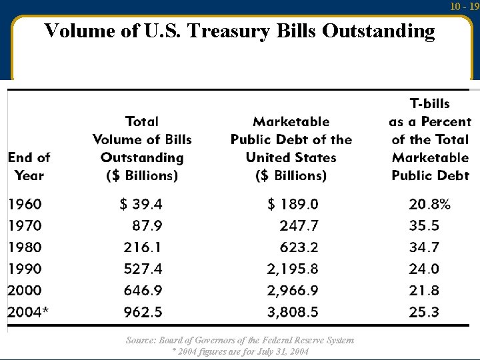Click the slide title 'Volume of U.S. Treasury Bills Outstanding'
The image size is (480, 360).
(239, 31)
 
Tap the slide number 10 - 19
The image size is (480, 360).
(465, 7)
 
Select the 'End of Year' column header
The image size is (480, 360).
(29, 167)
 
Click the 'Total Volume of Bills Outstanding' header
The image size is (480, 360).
(142, 148)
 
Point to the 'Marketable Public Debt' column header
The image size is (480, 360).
(291, 148)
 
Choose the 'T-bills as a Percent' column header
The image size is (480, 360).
(430, 139)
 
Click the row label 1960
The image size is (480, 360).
(25, 204)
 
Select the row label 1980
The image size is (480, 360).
(25, 247)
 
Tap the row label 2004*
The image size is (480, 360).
(28, 312)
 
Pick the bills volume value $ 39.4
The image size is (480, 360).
(141, 204)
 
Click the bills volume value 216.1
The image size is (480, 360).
(143, 247)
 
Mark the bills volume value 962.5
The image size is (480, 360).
(143, 312)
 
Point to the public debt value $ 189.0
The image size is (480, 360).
(293, 204)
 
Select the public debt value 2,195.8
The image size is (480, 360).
(293, 269)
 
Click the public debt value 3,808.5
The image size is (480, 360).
(293, 312)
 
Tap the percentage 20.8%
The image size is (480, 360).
(429, 204)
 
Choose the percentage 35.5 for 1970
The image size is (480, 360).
(424, 226)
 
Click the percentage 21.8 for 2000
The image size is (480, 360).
(424, 291)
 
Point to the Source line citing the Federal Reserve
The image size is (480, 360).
(240, 340)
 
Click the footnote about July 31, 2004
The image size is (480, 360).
(240, 351)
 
